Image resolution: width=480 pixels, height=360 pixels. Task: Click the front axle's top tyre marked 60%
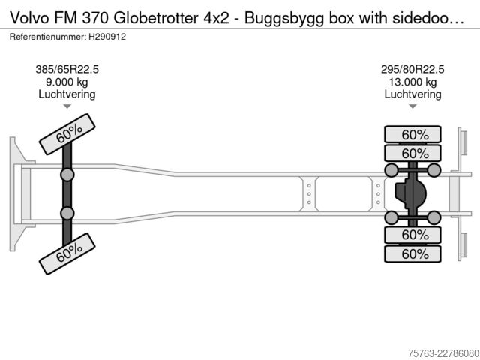67,134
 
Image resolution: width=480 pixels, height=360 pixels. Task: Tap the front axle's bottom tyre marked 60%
67,253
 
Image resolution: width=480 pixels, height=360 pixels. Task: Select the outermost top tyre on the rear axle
412,135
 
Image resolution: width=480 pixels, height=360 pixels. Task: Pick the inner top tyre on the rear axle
412,153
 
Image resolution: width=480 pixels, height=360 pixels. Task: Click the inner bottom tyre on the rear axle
412,235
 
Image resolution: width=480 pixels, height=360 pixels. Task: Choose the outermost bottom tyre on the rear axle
412,253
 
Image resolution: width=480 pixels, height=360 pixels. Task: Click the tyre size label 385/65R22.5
67,70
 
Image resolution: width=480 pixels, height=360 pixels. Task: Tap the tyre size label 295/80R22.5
412,70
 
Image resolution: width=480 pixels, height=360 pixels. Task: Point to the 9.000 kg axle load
67,82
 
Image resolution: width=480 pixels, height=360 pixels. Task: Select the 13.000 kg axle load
412,82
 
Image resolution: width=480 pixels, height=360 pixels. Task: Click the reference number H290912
107,37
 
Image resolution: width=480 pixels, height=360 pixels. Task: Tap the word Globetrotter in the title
156,18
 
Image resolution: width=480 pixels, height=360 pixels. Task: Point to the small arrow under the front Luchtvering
67,106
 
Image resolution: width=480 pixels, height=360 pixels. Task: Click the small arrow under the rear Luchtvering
412,106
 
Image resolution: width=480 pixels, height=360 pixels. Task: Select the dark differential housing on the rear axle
410,193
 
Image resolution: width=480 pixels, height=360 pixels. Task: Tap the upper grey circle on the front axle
67,175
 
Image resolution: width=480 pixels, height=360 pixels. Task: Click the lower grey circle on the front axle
67,213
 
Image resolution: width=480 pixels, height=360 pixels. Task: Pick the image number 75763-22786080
443,353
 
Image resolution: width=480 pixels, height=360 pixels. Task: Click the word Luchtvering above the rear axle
412,94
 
